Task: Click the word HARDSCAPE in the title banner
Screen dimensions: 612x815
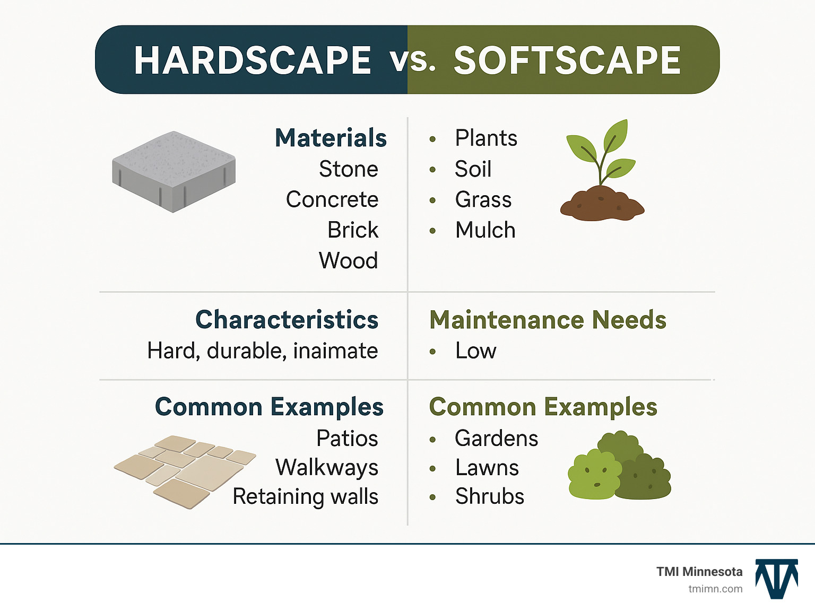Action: click(x=252, y=60)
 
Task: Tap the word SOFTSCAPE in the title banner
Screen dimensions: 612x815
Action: click(x=567, y=60)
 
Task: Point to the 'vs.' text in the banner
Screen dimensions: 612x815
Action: click(x=412, y=60)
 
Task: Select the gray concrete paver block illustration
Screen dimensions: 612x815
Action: click(x=174, y=171)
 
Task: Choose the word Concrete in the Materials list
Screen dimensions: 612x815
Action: click(x=332, y=200)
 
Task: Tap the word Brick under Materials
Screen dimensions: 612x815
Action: click(x=353, y=230)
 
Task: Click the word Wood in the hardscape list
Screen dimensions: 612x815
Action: click(x=348, y=261)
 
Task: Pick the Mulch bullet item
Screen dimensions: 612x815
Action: click(x=485, y=230)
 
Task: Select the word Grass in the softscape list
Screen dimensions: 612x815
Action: click(x=483, y=200)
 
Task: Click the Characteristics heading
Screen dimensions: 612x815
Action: click(x=287, y=320)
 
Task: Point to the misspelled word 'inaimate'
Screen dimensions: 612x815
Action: click(x=335, y=351)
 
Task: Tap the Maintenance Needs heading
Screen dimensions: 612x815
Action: click(x=548, y=320)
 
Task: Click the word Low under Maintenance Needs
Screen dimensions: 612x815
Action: click(x=475, y=351)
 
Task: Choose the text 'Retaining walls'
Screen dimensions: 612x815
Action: click(x=305, y=497)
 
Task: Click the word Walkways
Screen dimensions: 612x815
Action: click(x=327, y=468)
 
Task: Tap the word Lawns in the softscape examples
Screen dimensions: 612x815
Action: click(x=487, y=468)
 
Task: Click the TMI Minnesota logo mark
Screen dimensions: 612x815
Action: click(x=776, y=579)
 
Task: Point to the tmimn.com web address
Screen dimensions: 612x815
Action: click(x=715, y=589)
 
